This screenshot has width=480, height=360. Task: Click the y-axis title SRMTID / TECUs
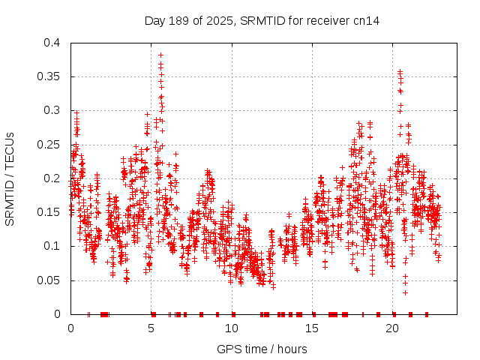click(x=10, y=178)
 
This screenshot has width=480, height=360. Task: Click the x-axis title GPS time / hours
click(x=262, y=349)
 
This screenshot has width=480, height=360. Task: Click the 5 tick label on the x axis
click(x=151, y=328)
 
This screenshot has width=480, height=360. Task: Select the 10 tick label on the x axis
click(x=232, y=328)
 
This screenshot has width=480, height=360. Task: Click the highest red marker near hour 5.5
click(x=160, y=55)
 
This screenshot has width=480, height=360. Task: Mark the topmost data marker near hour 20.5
click(x=400, y=72)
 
